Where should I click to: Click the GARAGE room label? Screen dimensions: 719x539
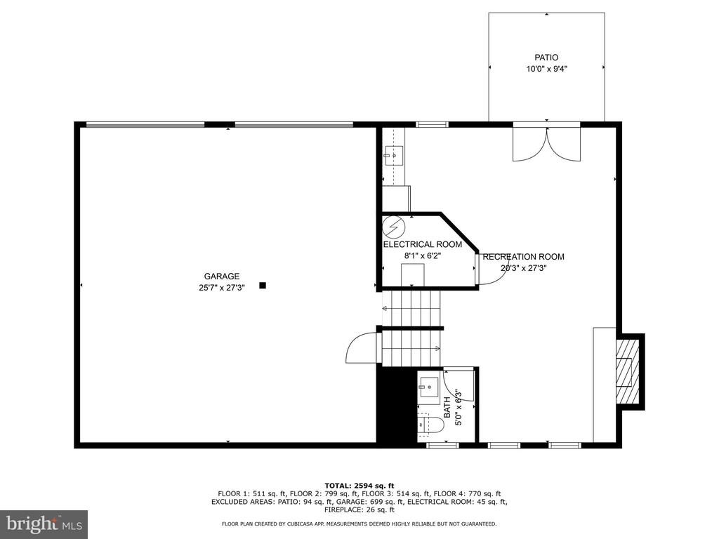[221, 277]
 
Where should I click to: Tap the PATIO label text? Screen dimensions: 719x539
[546, 58]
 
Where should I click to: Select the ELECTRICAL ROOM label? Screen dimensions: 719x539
[422, 245]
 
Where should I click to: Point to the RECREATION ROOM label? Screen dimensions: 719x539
[523, 257]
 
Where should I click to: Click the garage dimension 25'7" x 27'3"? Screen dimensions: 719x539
[221, 288]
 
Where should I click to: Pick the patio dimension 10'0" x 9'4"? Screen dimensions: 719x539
[546, 69]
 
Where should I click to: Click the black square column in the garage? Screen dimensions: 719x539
[263, 286]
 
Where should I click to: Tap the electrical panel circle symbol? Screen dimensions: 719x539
[393, 227]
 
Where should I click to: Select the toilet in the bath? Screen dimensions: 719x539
[430, 425]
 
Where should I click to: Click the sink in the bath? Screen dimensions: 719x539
[428, 387]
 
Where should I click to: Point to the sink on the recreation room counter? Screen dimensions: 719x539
[393, 157]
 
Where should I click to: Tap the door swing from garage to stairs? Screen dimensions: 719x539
[362, 347]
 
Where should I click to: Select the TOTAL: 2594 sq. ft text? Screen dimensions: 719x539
[359, 486]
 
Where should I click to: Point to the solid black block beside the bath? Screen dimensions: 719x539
[397, 405]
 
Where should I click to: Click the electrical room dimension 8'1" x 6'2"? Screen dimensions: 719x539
[422, 256]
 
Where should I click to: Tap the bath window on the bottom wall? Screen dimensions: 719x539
[442, 445]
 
